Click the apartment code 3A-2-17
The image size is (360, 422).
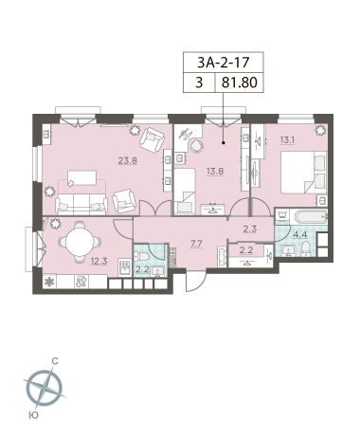click(x=224, y=63)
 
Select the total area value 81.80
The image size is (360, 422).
click(x=240, y=83)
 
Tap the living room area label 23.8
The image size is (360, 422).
click(x=128, y=160)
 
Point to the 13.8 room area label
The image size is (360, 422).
click(x=215, y=172)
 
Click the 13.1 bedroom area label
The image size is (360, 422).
click(x=287, y=139)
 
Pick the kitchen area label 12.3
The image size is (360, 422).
click(x=99, y=261)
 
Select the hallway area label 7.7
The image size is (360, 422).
click(x=196, y=244)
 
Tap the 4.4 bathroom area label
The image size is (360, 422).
click(x=299, y=234)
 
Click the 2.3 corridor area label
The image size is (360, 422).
click(x=249, y=229)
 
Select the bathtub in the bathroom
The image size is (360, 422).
click(x=311, y=217)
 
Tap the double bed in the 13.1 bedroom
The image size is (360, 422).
click(x=304, y=173)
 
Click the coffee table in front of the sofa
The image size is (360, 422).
click(x=81, y=177)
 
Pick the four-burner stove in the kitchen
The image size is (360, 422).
click(x=81, y=282)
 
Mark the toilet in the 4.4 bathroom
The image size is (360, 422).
click(x=305, y=248)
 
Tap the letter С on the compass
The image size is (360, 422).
click(x=55, y=360)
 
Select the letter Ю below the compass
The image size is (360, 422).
click(x=33, y=414)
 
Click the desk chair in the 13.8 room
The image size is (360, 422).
click(x=197, y=146)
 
